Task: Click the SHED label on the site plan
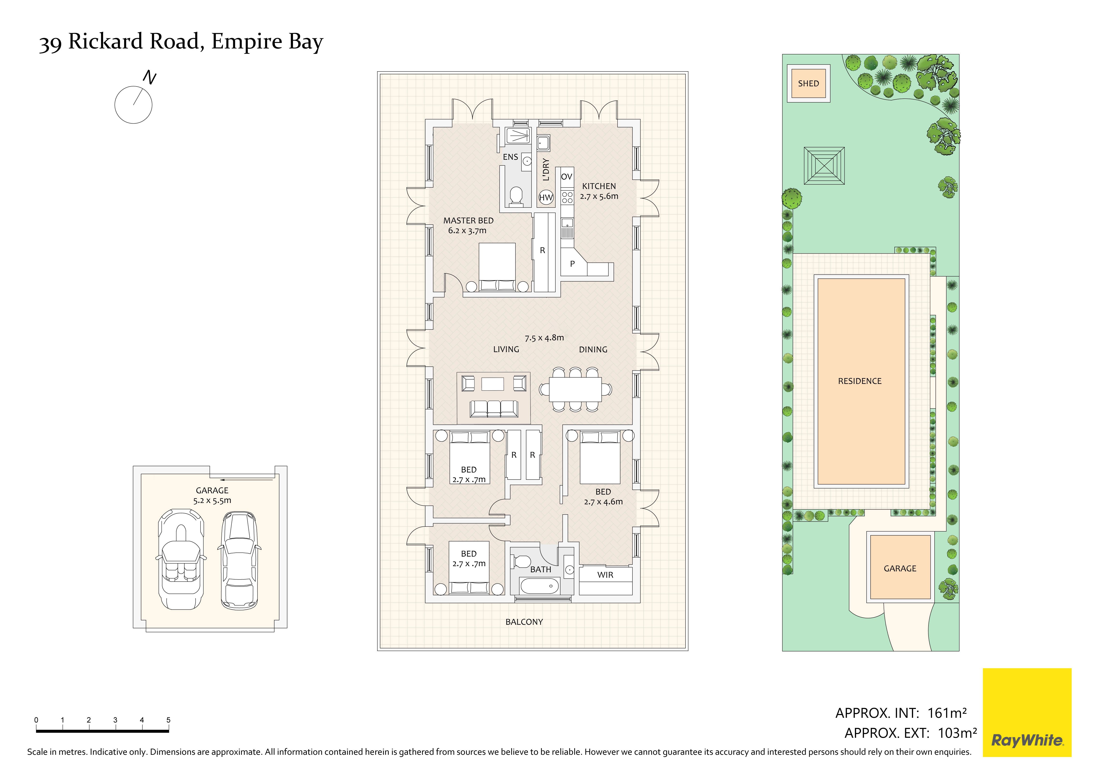coord(808,83)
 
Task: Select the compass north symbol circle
coord(133,105)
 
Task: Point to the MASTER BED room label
coord(468,220)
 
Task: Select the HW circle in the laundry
coord(546,197)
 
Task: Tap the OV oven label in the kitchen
coord(567,177)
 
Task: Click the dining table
coord(575,389)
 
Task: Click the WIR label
coord(606,575)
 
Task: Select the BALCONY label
coord(524,622)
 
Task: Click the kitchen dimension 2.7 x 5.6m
coord(599,196)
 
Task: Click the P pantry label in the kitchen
coord(572,264)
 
